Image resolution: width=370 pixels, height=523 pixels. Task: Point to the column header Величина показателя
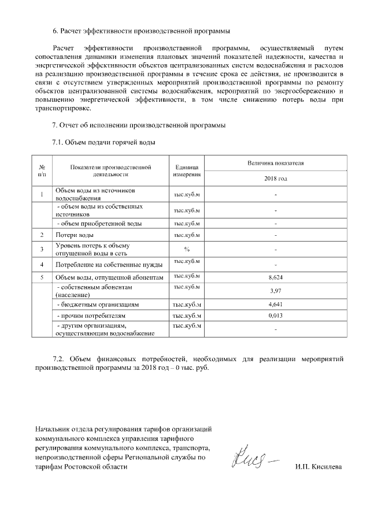275,164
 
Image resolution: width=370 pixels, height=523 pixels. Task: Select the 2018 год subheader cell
275,179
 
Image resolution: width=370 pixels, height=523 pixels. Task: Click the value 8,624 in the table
275,277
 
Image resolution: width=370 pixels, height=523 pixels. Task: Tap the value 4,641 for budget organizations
275,303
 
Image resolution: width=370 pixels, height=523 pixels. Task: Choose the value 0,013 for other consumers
275,316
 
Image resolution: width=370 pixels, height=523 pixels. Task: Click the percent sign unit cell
186,249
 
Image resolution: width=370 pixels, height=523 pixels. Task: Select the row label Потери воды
75,235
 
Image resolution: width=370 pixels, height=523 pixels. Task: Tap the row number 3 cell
42,249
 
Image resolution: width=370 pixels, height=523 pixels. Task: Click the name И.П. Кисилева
318,466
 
